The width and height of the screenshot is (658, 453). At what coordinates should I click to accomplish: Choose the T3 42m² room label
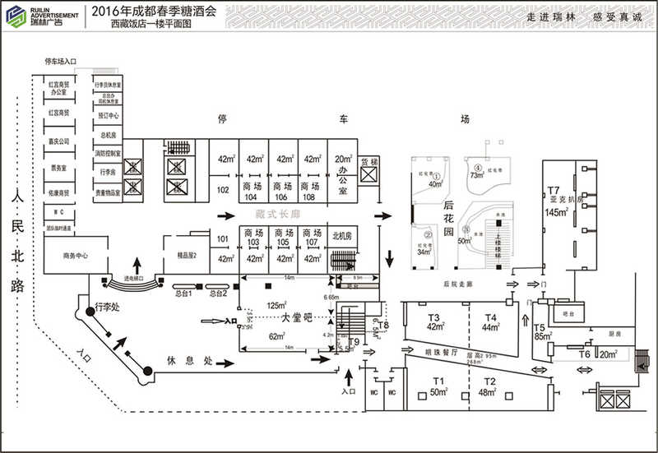tap(434, 321)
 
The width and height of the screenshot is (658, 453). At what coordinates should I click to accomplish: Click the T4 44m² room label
tap(491, 321)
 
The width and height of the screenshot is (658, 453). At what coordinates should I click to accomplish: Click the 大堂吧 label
tap(297, 317)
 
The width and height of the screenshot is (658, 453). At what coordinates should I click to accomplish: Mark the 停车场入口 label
tap(61, 62)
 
